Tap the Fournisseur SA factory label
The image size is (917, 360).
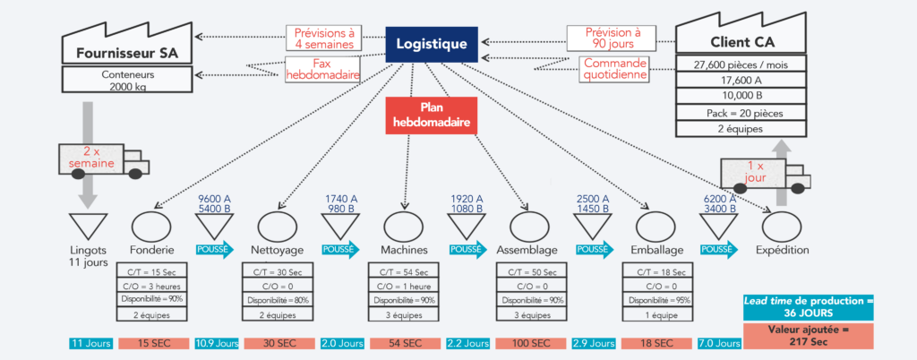pyautogui.click(x=127, y=52)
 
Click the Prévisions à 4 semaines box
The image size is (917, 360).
pyautogui.click(x=324, y=38)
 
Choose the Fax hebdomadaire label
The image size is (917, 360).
pyautogui.click(x=323, y=69)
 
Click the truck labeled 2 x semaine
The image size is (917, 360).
pyautogui.click(x=99, y=159)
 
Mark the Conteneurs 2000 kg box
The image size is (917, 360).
pyautogui.click(x=126, y=79)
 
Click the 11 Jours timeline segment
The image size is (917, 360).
pyautogui.click(x=90, y=344)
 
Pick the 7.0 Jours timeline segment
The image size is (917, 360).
pyautogui.click(x=717, y=344)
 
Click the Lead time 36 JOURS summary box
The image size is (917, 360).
pyautogui.click(x=809, y=307)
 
